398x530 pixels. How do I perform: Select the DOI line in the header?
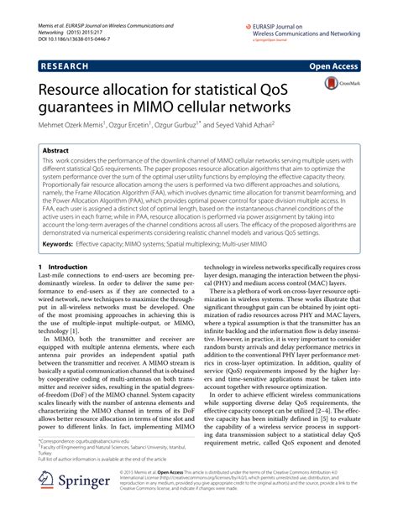[x=74, y=31]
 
